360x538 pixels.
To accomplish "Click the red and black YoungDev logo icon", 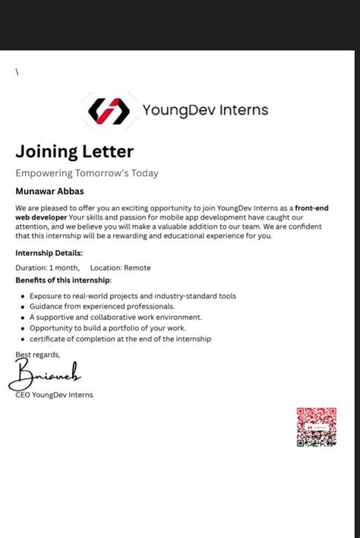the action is click(x=109, y=111).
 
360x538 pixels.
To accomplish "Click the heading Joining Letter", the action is click(x=74, y=151).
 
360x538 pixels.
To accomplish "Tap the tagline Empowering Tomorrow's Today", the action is click(x=87, y=173).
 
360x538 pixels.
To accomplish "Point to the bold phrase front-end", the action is click(x=311, y=207).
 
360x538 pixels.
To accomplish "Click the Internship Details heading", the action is click(x=49, y=253).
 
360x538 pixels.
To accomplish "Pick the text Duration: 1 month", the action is click(x=47, y=267).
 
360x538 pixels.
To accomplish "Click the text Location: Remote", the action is click(x=120, y=267).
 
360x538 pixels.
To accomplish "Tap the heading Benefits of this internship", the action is click(x=63, y=280).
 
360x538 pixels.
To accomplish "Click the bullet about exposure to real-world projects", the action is click(x=133, y=296).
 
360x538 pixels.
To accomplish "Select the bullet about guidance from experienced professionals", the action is click(x=103, y=306).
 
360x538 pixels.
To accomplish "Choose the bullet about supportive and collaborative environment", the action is click(x=115, y=317).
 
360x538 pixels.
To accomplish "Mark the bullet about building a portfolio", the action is click(x=107, y=328).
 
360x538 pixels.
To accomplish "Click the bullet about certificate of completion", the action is click(x=120, y=339).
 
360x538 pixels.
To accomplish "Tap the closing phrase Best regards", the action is click(x=37, y=355).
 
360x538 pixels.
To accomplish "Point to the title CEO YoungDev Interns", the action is click(x=54, y=394).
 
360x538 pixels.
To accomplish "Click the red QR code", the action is click(x=316, y=427).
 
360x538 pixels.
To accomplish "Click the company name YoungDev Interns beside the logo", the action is click(x=205, y=110).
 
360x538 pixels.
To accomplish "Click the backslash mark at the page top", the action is click(x=17, y=72).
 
